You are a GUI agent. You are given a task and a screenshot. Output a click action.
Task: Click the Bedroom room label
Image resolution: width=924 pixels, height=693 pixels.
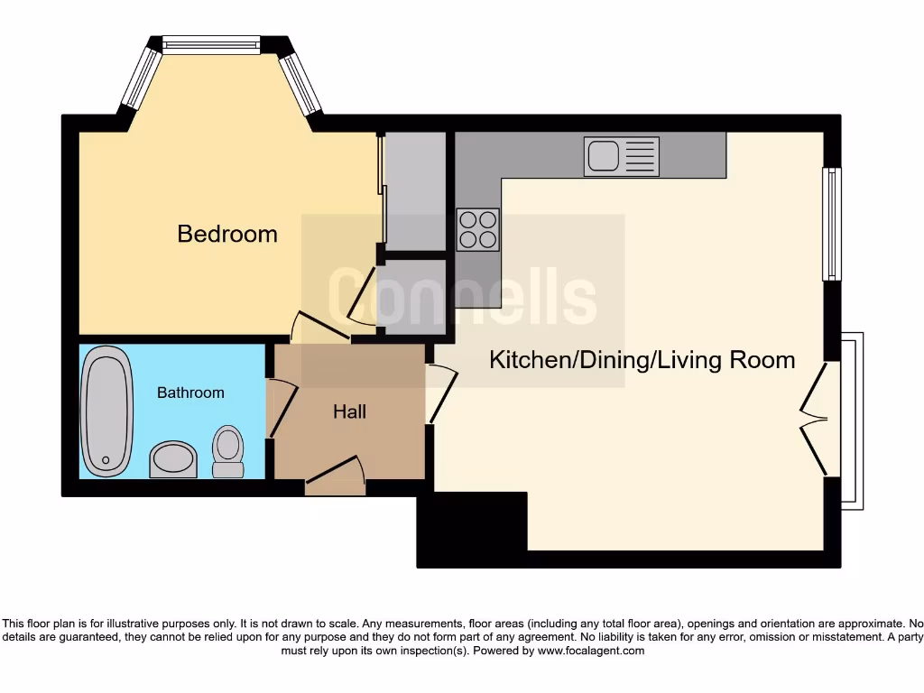(x=227, y=234)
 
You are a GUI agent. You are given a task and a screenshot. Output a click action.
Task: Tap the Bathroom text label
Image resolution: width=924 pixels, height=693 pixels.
(x=190, y=393)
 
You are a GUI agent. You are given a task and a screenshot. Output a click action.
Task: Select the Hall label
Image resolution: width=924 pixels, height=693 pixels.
(x=349, y=411)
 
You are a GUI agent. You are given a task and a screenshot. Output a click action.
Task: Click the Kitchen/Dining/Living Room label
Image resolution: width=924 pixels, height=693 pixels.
(x=642, y=360)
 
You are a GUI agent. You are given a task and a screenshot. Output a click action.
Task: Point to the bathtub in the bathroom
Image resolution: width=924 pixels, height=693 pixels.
(x=106, y=411)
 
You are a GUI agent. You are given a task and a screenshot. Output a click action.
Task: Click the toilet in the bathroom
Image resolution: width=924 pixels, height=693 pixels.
(x=228, y=451)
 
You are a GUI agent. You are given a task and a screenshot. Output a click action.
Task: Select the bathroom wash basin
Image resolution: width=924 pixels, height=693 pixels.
(x=173, y=458)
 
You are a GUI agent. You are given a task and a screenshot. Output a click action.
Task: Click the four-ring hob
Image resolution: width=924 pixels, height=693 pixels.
(x=477, y=229)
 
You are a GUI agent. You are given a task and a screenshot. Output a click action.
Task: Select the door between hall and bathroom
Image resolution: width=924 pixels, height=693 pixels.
(x=282, y=408)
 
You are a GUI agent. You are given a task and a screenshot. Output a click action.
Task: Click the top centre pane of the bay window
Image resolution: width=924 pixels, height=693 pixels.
(x=211, y=44)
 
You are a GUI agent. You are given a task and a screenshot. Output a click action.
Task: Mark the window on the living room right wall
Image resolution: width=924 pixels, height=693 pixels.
(x=832, y=224)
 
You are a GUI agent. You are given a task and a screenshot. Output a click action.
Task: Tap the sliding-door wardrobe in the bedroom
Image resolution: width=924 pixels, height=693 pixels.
(x=416, y=190)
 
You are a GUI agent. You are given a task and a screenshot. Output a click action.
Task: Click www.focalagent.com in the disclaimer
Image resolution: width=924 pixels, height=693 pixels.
(x=591, y=651)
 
